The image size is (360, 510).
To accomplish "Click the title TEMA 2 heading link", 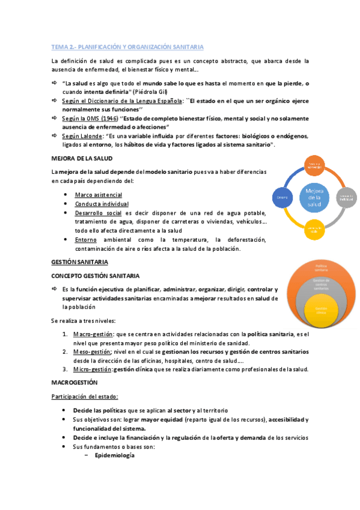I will pyautogui.click(x=127, y=46).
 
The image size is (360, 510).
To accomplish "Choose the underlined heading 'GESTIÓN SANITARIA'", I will pyautogui.click(x=79, y=263).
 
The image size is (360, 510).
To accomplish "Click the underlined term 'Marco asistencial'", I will pyautogui.click(x=98, y=195).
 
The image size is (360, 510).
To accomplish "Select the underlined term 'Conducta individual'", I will pyautogui.click(x=102, y=204).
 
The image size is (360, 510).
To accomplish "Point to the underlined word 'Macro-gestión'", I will pyautogui.click(x=92, y=334).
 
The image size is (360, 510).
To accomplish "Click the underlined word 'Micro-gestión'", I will pyautogui.click(x=91, y=369).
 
